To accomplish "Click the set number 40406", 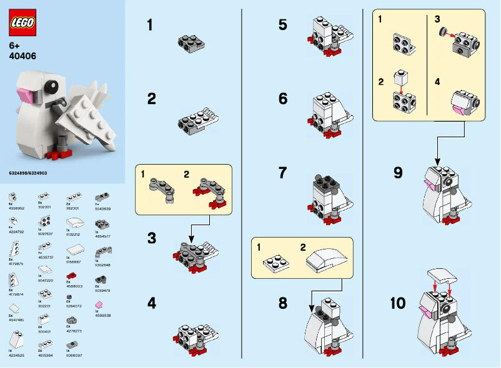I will tap(22, 56).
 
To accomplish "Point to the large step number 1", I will tap(150, 26).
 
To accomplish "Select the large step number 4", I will tap(151, 304).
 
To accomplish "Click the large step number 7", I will tap(283, 172).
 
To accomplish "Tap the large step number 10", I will tap(398, 304).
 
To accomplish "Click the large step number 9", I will tap(398, 173).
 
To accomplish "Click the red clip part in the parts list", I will tap(70, 275).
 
